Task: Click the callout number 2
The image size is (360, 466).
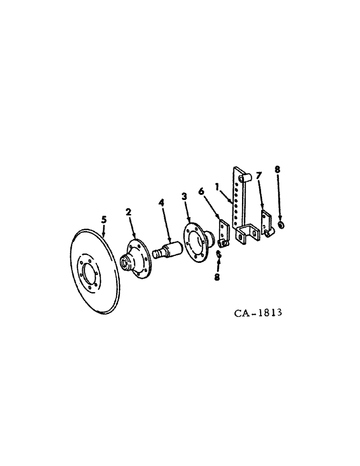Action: click(x=128, y=212)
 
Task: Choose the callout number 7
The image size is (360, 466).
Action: click(x=259, y=176)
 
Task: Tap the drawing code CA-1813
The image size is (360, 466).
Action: click(x=258, y=312)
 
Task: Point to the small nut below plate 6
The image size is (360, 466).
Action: click(x=219, y=254)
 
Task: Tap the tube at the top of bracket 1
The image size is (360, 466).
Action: click(x=247, y=177)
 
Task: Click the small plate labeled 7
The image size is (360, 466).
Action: click(x=265, y=221)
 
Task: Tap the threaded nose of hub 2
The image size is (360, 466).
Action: click(x=125, y=264)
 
